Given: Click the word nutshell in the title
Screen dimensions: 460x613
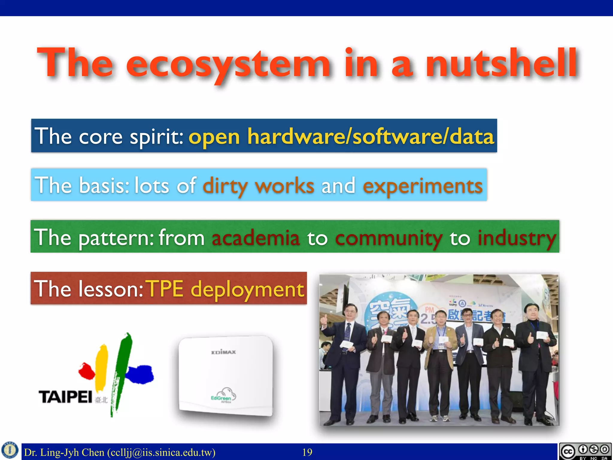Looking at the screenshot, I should pyautogui.click(x=502, y=64).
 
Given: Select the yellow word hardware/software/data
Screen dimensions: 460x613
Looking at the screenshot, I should pyautogui.click(x=371, y=137).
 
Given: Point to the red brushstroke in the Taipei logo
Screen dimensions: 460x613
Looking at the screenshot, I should pyautogui.click(x=86, y=371).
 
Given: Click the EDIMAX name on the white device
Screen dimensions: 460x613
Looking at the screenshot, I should pyautogui.click(x=224, y=352).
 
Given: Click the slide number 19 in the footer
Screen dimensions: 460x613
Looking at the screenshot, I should pyautogui.click(x=307, y=452).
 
